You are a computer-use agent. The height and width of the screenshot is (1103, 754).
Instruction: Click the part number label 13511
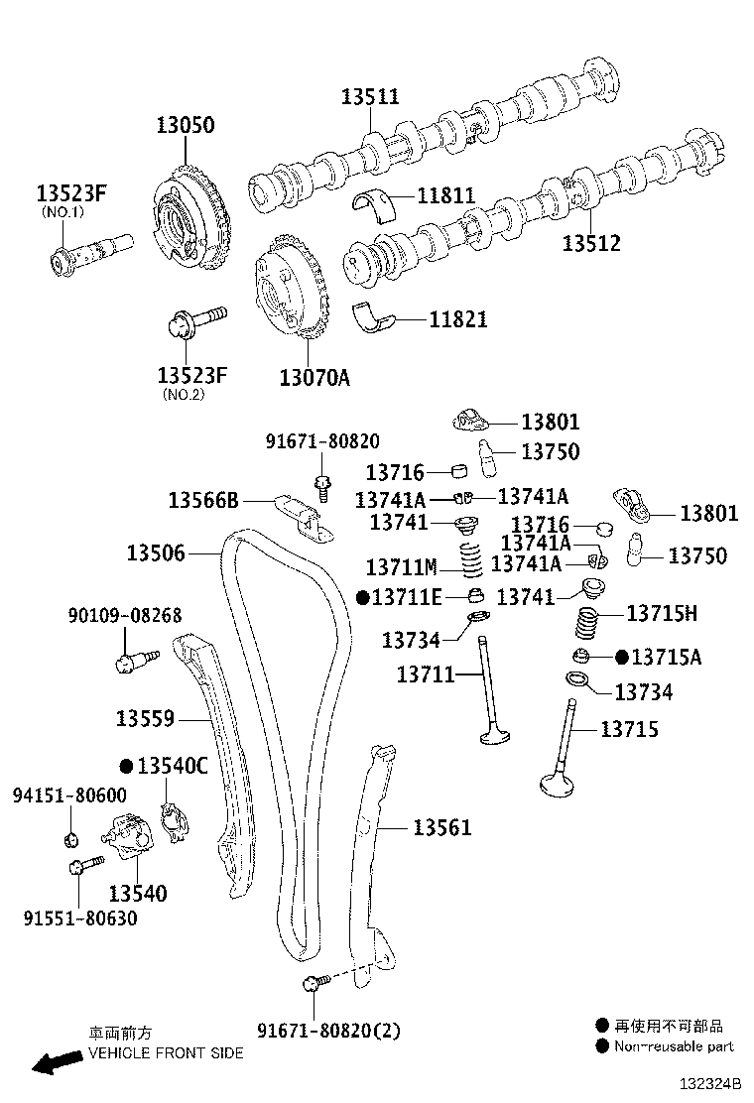(x=370, y=96)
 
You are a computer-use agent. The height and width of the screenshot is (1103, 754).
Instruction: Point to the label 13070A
(x=314, y=377)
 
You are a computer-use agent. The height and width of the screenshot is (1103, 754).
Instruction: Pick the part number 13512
(x=591, y=243)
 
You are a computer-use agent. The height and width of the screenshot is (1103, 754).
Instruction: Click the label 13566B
(x=203, y=500)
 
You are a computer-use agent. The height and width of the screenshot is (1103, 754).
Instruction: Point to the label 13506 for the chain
(x=155, y=552)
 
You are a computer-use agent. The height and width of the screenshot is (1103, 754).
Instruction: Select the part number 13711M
(x=401, y=567)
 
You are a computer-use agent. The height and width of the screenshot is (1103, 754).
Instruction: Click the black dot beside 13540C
(x=126, y=766)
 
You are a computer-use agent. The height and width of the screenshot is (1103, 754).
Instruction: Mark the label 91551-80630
(x=80, y=919)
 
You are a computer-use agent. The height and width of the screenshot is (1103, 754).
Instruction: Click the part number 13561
(x=442, y=827)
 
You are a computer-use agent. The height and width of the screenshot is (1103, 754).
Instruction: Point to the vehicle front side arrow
(x=56, y=1063)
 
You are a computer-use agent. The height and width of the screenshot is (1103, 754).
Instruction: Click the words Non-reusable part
(x=674, y=1045)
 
